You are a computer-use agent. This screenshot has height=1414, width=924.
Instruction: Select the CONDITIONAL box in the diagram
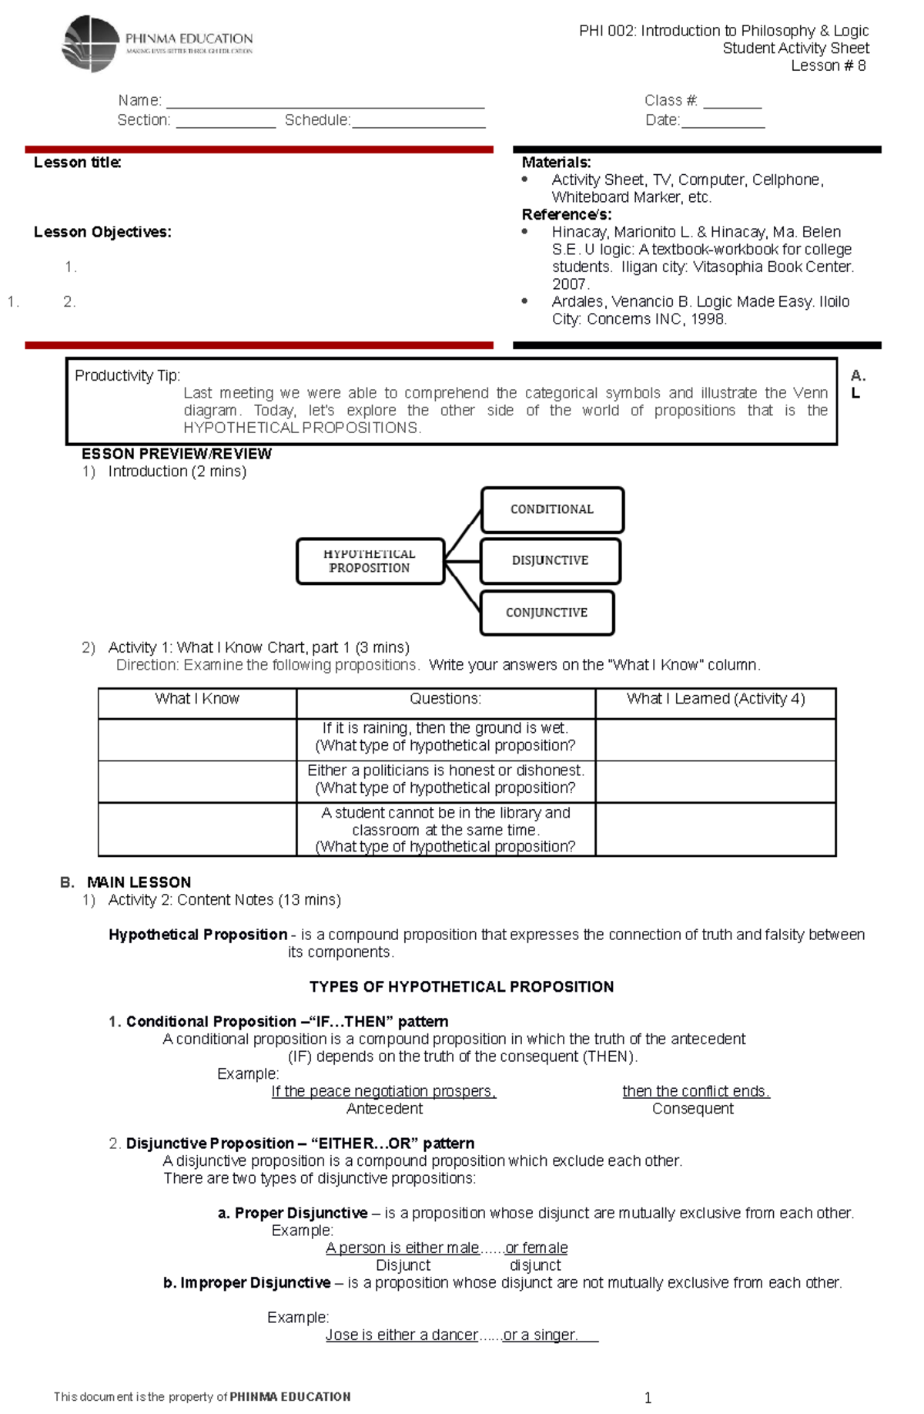click(x=551, y=509)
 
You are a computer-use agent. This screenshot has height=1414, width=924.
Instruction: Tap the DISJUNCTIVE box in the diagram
click(x=550, y=560)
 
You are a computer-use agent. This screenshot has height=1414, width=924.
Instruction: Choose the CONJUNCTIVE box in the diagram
click(x=547, y=613)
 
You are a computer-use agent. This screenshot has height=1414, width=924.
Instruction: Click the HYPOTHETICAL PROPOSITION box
click(x=370, y=561)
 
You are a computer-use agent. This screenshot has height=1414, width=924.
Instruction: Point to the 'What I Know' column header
click(x=197, y=699)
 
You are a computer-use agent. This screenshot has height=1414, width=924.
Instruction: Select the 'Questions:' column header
click(x=445, y=699)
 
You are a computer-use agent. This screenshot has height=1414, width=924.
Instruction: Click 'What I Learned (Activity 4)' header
click(x=715, y=699)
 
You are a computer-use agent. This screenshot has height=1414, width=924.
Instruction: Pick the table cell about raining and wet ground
click(x=445, y=737)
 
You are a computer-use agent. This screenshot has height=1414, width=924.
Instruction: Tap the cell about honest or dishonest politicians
click(x=445, y=779)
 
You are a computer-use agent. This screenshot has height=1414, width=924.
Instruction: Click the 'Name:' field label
click(x=139, y=101)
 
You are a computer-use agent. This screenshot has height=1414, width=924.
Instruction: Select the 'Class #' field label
click(x=671, y=101)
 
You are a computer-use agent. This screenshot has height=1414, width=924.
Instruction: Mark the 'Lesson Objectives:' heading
click(x=102, y=232)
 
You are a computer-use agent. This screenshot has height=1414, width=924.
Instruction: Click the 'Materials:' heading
click(x=556, y=163)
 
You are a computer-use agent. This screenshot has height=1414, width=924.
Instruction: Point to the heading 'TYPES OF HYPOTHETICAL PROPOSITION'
click(x=461, y=987)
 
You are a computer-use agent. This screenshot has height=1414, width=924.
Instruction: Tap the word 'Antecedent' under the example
click(x=384, y=1109)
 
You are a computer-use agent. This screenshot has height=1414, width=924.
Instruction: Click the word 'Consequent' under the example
click(x=692, y=1109)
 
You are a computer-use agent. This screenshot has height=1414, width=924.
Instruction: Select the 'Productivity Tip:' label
click(x=127, y=376)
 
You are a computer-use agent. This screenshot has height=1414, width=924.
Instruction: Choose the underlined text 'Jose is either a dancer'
click(x=401, y=1335)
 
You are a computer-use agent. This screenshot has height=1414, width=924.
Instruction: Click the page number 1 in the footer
click(x=648, y=1398)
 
